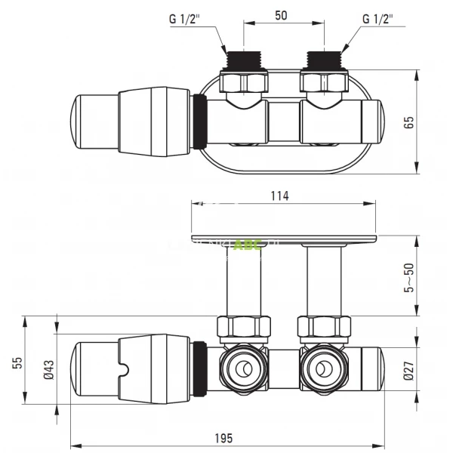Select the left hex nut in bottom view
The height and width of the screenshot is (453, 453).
[x=244, y=326]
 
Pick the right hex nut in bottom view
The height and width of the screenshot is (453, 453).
[x=325, y=326]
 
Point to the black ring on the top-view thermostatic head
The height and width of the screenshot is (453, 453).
[x=199, y=121]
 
